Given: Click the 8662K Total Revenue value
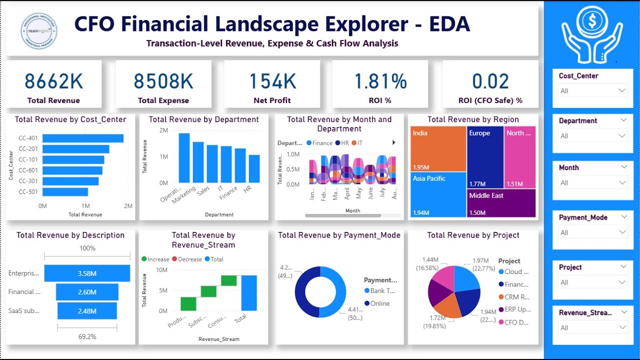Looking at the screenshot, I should click(53, 81).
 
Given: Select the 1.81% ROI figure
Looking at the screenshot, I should click(380, 81).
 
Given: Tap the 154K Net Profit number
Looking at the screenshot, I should click(272, 81).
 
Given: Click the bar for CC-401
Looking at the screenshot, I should click(83, 138).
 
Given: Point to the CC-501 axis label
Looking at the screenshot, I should click(28, 192).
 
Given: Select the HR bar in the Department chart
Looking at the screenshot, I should click(254, 168).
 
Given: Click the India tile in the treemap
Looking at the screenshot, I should click(437, 149).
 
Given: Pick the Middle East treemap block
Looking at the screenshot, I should click(501, 203).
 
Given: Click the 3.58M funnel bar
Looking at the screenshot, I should click(87, 273).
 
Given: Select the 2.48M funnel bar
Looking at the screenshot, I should click(87, 311).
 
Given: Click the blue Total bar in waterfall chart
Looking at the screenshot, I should click(249, 292).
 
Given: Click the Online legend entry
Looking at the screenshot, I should click(379, 303).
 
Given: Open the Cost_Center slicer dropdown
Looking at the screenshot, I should click(592, 90).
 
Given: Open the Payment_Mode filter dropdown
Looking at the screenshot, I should click(592, 232).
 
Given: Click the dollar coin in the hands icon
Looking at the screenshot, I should click(592, 20).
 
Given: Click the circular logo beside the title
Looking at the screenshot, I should click(39, 31).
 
